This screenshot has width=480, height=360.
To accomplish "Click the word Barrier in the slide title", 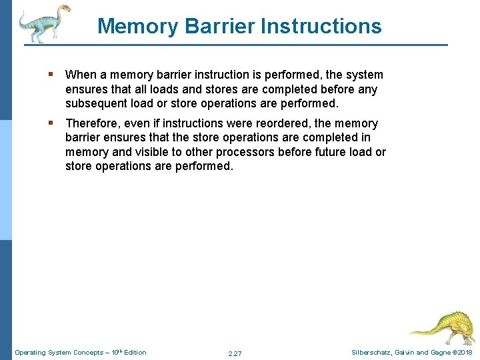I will [213, 26].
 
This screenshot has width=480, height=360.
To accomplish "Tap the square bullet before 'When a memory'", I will [51, 75].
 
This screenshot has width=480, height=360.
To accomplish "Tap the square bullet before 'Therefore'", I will [51, 123].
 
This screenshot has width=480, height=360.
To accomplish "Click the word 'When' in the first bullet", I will [80, 75].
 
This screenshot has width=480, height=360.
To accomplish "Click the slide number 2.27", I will [235, 353].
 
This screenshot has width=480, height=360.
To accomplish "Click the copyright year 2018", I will [465, 352].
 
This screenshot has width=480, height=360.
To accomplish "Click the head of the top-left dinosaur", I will [63, 10].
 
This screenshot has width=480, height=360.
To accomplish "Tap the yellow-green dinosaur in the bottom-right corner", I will [440, 327].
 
